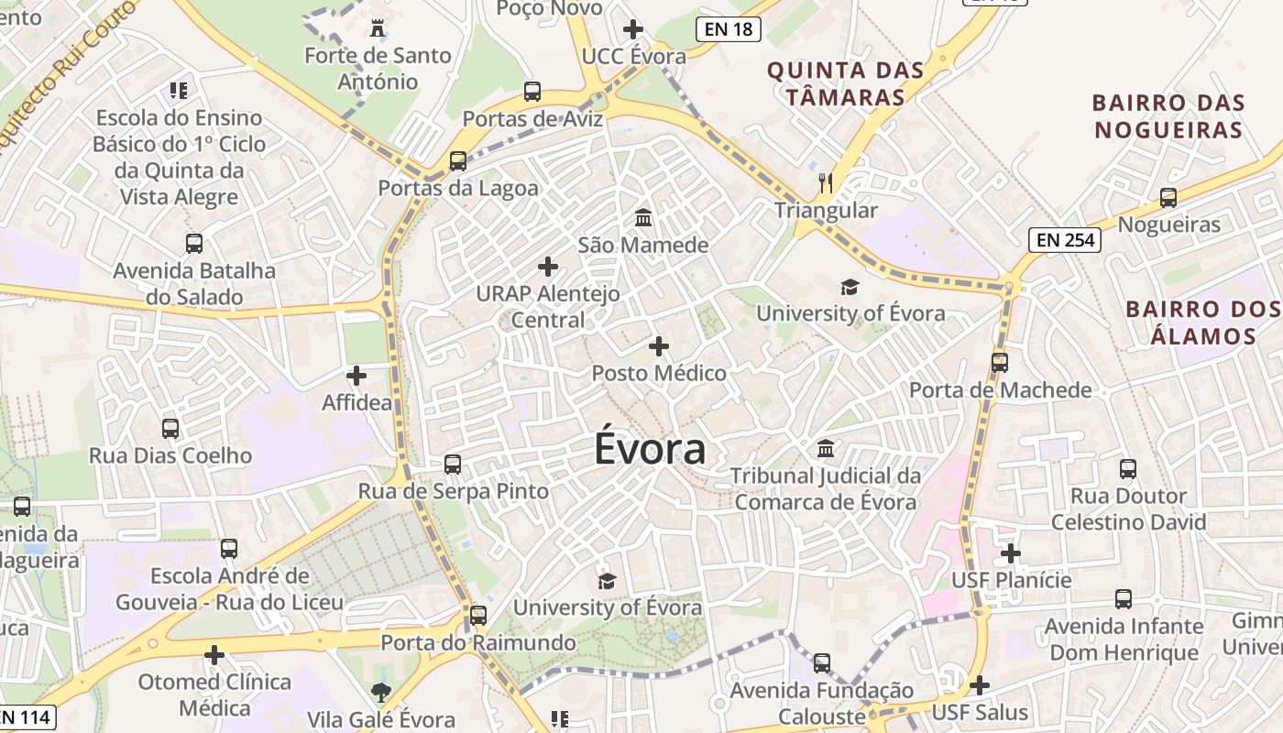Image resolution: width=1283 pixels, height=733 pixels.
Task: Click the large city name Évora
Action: coord(650,449)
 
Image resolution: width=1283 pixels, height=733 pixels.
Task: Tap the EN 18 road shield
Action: coord(729,29)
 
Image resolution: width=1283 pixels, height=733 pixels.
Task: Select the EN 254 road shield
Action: coord(1064,240)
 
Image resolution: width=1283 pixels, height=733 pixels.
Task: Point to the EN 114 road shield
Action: coord(25,717)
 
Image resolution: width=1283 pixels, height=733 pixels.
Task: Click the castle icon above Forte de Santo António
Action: coord(377,28)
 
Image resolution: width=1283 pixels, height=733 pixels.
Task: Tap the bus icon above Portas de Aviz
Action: coord(532,92)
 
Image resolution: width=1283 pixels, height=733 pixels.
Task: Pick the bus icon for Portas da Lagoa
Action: coord(458,161)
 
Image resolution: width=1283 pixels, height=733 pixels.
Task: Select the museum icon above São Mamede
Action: coord(643,218)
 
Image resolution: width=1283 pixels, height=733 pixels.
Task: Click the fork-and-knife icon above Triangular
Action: coord(826,183)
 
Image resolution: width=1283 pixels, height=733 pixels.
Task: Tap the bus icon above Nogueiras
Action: coord(1168,197)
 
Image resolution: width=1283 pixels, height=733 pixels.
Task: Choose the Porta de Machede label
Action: coord(1000,390)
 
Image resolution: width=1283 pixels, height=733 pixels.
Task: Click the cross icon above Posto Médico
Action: coord(658,346)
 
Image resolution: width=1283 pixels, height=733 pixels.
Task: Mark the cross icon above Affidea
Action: coord(356,376)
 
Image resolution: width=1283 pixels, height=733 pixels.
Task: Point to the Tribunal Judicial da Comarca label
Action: coord(826,488)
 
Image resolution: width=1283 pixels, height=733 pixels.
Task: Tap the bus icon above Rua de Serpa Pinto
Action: coord(453,465)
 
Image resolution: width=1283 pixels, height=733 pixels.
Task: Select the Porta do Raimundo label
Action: coord(478,642)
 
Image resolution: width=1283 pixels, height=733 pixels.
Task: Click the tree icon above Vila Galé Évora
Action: coord(380,693)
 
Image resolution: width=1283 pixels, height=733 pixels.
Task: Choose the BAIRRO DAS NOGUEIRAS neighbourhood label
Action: coord(1168,115)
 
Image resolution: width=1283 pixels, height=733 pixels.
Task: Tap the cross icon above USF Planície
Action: coord(1010,553)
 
